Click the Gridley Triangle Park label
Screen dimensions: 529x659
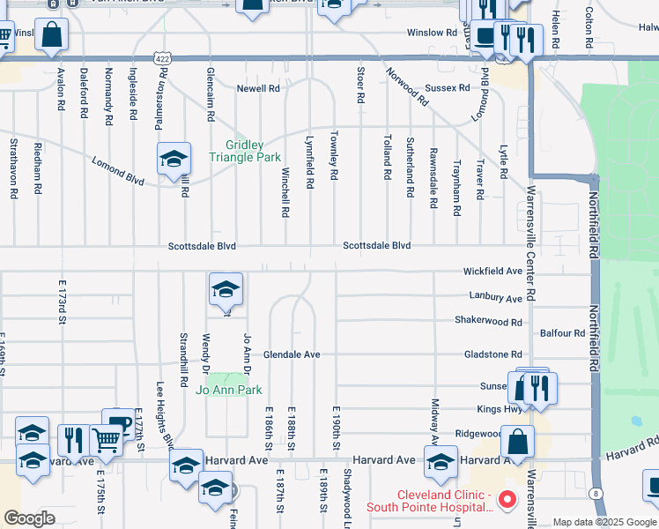[x=244, y=151]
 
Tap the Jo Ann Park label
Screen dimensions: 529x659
[x=229, y=390]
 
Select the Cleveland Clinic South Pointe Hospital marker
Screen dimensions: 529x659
[x=507, y=501]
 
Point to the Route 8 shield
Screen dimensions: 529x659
[x=597, y=493]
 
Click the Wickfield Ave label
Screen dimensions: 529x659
[x=493, y=272]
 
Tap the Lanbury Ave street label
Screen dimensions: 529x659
[x=495, y=299]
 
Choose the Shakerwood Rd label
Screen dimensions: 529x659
[x=488, y=322]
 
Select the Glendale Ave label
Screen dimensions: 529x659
[x=292, y=354]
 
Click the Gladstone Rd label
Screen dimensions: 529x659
[x=492, y=354]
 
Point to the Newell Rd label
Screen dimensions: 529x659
[x=257, y=89]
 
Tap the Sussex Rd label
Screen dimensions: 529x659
[x=447, y=88]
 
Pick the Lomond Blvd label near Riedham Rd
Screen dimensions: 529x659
[x=118, y=169]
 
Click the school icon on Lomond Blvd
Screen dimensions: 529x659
[x=174, y=160]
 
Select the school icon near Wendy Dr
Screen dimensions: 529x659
[x=226, y=288]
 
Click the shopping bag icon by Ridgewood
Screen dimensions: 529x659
[x=517, y=440]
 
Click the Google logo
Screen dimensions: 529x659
[x=29, y=518]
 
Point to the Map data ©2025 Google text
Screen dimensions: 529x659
[x=603, y=522]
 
